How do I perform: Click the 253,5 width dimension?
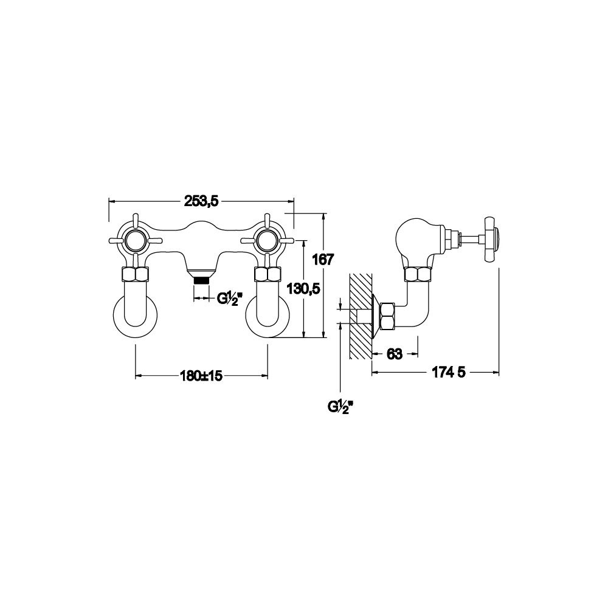click(x=202, y=201)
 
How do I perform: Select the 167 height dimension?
click(x=323, y=260)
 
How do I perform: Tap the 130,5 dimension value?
click(x=303, y=288)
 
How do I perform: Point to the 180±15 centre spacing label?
click(x=201, y=375)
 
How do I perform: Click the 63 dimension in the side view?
click(x=395, y=354)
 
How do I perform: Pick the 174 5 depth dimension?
click(x=448, y=372)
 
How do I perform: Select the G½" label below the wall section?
click(x=340, y=407)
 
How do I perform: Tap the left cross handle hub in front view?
click(x=136, y=241)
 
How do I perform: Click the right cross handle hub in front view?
click(x=267, y=241)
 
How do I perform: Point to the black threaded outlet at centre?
click(x=202, y=280)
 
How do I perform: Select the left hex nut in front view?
click(x=136, y=275)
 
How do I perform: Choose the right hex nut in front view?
click(x=267, y=275)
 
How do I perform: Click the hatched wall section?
click(x=361, y=316)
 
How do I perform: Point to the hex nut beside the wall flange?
click(x=388, y=316)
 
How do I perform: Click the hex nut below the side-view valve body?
click(x=417, y=275)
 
